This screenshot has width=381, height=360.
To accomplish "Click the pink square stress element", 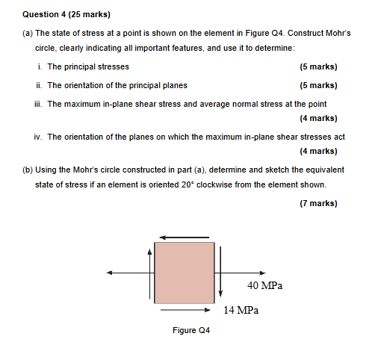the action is coord(185,272).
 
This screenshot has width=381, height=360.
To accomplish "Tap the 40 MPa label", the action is coord(264,285).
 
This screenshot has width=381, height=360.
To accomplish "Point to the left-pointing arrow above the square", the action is coord(185,238).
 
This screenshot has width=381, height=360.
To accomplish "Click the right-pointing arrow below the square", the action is coord(188,308).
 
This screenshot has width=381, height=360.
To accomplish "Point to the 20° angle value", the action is coord(247,184).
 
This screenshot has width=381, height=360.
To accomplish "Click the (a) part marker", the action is coord(28,34).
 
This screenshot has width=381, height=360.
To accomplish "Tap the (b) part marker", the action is coord(28,170).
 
